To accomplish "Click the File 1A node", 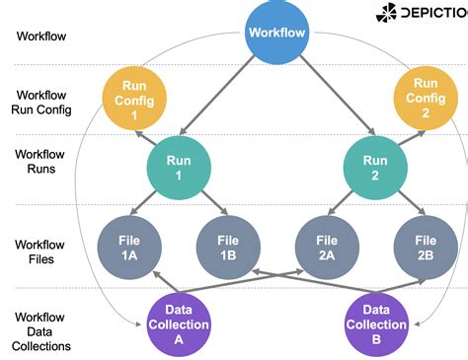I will pyautogui.click(x=129, y=246).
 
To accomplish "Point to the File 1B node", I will pyautogui.click(x=228, y=246).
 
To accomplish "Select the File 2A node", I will pyautogui.click(x=327, y=246).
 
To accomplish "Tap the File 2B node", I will pyautogui.click(x=426, y=246).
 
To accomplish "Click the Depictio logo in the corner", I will pyautogui.click(x=421, y=14).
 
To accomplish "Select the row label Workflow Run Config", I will pyautogui.click(x=40, y=102).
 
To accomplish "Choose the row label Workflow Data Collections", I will pyautogui.click(x=40, y=331).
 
